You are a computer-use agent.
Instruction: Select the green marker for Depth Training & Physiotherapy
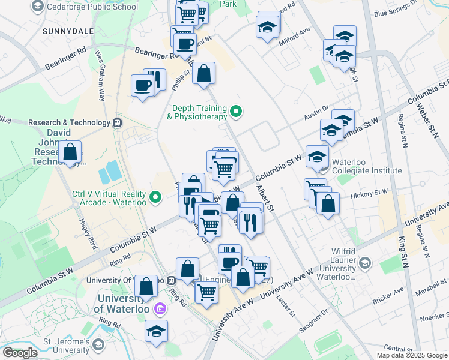pos(237,110)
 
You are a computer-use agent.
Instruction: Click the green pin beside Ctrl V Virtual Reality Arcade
pos(156,197)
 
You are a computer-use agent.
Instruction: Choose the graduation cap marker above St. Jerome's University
pos(156,331)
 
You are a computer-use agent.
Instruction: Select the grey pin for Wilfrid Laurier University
pos(365,263)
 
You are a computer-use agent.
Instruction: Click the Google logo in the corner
pos(20,353)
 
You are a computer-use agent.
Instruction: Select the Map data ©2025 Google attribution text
pos(411,355)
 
